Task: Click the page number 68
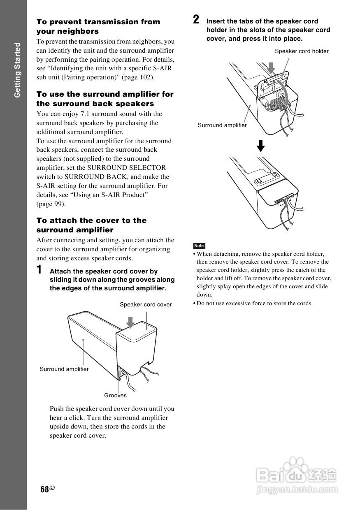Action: pyautogui.click(x=44, y=489)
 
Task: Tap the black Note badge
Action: pyautogui.click(x=199, y=246)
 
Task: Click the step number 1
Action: pyautogui.click(x=39, y=271)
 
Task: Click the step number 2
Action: pyautogui.click(x=197, y=19)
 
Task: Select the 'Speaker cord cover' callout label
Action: pyautogui.click(x=146, y=304)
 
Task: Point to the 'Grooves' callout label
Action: pyautogui.click(x=115, y=395)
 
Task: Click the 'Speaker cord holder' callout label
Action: pyautogui.click(x=302, y=51)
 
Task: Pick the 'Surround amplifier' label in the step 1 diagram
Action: pyautogui.click(x=64, y=369)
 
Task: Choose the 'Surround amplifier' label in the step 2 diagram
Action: pyautogui.click(x=222, y=125)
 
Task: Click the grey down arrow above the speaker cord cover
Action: pyautogui.click(x=130, y=322)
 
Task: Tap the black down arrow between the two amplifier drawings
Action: pyautogui.click(x=260, y=146)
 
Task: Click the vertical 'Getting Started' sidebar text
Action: pyautogui.click(x=17, y=70)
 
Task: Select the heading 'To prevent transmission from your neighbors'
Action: pyautogui.click(x=98, y=26)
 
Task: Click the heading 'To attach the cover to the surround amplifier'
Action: pyautogui.click(x=91, y=225)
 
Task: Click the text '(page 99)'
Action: pyautogui.click(x=51, y=204)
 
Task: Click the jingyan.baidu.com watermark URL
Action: pyautogui.click(x=296, y=489)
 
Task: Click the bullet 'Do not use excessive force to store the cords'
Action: pyautogui.click(x=254, y=303)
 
